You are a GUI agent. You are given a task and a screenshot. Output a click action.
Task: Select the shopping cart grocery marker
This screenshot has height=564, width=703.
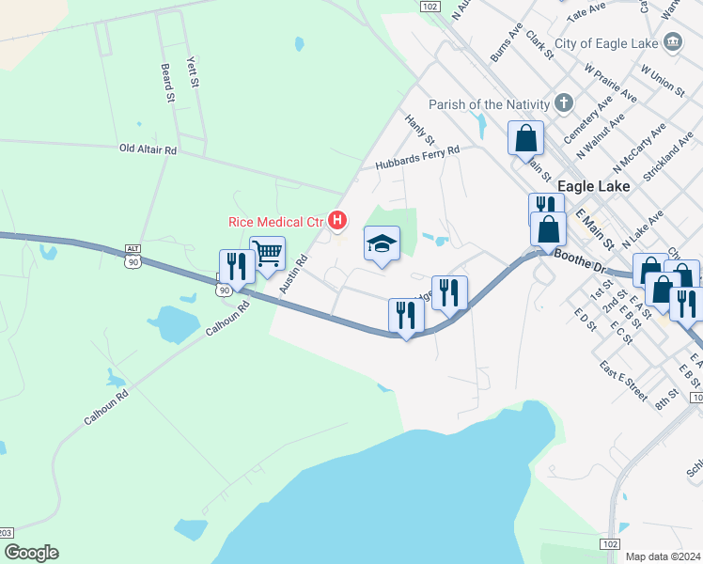[267, 254]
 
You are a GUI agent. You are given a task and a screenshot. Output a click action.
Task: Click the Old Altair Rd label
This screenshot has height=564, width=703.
[148, 149]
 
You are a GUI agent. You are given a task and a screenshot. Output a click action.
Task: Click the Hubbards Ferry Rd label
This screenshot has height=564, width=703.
[417, 157]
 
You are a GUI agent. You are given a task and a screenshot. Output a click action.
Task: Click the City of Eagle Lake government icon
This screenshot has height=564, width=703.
[672, 42]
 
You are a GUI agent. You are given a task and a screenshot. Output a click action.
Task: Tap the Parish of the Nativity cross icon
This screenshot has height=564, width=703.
[564, 103]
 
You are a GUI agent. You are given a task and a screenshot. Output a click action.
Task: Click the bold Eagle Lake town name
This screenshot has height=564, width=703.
[593, 186]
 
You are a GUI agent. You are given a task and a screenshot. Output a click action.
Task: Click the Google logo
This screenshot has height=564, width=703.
[30, 553]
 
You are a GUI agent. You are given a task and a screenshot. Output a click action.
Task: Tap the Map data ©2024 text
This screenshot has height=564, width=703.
[663, 556]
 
